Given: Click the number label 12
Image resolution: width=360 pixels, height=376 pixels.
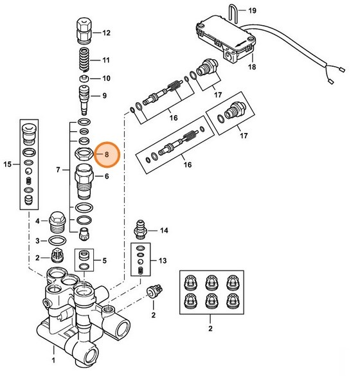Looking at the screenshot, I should [x=106, y=33].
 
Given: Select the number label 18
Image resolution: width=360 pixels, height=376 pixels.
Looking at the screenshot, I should [x=251, y=67].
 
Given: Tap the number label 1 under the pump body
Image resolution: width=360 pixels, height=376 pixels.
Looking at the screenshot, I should [x=54, y=363].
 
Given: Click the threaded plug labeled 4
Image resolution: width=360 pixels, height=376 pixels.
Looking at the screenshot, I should [x=57, y=220].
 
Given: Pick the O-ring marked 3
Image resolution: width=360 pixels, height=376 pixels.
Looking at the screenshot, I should [x=57, y=240].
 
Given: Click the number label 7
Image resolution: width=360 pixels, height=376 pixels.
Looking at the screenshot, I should [x=59, y=170].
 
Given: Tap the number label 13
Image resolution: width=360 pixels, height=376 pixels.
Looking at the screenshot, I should [x=163, y=260].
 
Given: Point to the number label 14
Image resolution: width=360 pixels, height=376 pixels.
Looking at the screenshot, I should [x=163, y=230].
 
